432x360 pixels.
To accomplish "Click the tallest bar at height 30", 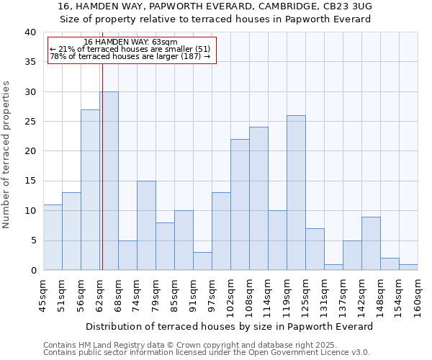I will point(109,181).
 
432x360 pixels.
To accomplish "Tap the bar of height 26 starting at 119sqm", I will point(296,192).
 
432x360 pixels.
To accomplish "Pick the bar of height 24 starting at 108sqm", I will point(258,199).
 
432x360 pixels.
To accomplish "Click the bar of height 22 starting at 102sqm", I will point(240,204).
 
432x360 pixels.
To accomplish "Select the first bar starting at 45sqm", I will point(53,238).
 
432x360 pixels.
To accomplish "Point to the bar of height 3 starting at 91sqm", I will point(202,261).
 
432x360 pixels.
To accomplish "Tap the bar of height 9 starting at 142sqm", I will point(371,243).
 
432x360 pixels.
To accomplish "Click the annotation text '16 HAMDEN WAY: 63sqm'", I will point(130,42).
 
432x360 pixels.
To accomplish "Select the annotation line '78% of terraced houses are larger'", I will point(130,56).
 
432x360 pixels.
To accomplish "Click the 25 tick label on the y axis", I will point(30,122).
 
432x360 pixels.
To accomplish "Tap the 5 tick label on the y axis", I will point(32,240).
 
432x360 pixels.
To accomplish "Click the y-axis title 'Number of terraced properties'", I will point(7,154).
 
